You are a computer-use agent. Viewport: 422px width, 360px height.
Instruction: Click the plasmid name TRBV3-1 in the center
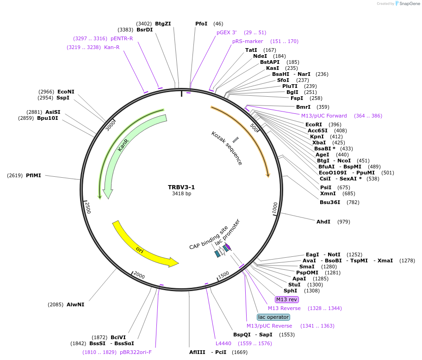pyautogui.click(x=181, y=187)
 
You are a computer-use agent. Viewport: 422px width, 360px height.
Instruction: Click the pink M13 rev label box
pyautogui.click(x=287, y=299)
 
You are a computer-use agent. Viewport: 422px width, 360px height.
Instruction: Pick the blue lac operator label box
pyautogui.click(x=273, y=317)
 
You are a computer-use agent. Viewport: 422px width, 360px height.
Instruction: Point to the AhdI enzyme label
pyautogui.click(x=323, y=222)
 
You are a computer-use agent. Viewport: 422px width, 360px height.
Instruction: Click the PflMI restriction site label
pyautogui.click(x=33, y=175)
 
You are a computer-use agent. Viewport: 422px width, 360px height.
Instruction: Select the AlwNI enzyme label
pyautogui.click(x=75, y=304)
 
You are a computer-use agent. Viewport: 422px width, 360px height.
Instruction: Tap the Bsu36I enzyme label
pyautogui.click(x=330, y=202)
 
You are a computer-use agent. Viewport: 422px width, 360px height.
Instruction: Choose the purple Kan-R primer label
pyautogui.click(x=112, y=47)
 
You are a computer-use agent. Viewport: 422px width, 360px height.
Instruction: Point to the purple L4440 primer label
pyautogui.click(x=223, y=343)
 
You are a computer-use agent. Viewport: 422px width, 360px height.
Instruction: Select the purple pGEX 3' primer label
pyautogui.click(x=227, y=32)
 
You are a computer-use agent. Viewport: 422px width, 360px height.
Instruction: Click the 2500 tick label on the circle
pyautogui.click(x=87, y=207)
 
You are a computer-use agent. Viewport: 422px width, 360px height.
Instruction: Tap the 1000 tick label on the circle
pyautogui.click(x=275, y=207)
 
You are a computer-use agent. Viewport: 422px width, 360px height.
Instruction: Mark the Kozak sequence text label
pyautogui.click(x=227, y=148)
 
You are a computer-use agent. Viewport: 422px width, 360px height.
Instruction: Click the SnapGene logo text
pyautogui.click(x=408, y=4)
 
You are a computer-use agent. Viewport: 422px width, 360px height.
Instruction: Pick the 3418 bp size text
pyautogui.click(x=181, y=194)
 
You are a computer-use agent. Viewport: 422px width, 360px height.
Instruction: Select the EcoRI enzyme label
pyautogui.click(x=314, y=124)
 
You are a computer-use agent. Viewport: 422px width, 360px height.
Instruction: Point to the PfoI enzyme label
pyautogui.click(x=201, y=24)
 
